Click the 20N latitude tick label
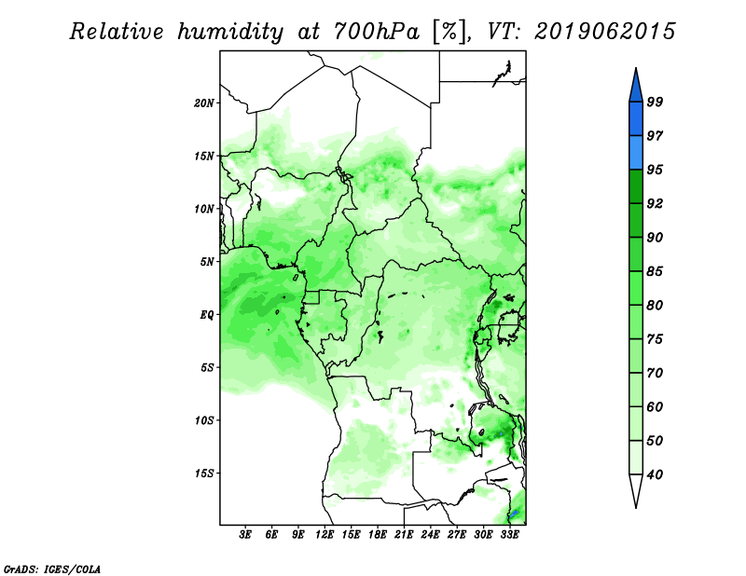point(204,103)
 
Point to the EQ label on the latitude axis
point(207,315)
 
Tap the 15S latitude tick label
point(204,473)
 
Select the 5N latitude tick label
point(207,262)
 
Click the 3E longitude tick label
point(245,535)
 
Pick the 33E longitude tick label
point(509,535)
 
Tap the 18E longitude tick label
point(378,535)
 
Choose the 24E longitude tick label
point(430,535)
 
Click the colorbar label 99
point(655,102)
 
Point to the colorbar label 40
point(655,474)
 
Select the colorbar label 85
point(655,271)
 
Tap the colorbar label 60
point(655,406)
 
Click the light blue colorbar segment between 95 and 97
point(636,153)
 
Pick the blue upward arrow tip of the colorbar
point(636,68)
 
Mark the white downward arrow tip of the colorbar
point(636,508)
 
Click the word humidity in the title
point(230,32)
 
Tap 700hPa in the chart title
point(377,32)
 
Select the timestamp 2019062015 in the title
point(604,32)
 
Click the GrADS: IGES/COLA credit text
point(52,569)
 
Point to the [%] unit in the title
point(450,33)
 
